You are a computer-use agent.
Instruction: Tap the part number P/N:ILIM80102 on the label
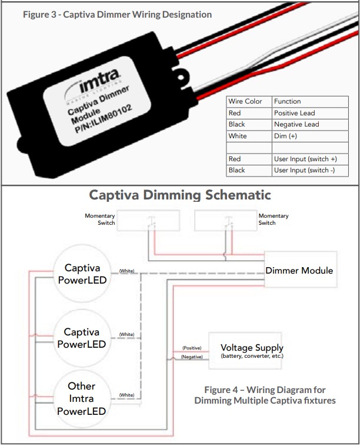(x=107, y=121)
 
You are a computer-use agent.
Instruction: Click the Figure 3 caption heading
(x=117, y=14)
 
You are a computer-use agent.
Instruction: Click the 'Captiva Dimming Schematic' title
(x=180, y=195)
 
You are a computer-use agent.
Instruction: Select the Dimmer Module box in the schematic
(x=299, y=271)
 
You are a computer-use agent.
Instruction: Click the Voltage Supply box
(x=251, y=351)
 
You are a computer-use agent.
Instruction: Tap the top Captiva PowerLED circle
(x=86, y=274)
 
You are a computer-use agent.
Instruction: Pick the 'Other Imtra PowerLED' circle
(x=82, y=398)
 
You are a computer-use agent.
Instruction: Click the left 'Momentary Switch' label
(x=99, y=219)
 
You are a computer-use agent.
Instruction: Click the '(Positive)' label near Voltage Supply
(x=192, y=348)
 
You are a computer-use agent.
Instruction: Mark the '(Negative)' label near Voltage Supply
(x=192, y=357)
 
